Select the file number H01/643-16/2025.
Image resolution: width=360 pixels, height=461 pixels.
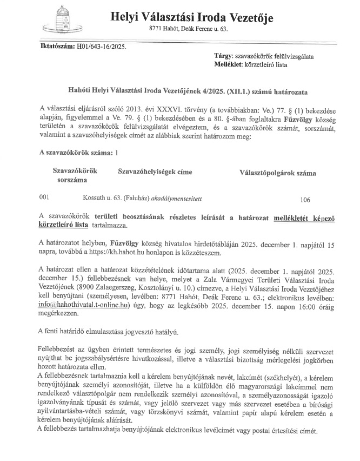click(x=101, y=47)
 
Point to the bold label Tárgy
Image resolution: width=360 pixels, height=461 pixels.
click(x=224, y=56)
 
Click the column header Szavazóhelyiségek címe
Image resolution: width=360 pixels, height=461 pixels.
click(x=155, y=172)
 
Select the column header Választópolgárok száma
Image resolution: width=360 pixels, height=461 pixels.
click(x=278, y=173)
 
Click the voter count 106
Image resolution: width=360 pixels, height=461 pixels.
click(x=305, y=200)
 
